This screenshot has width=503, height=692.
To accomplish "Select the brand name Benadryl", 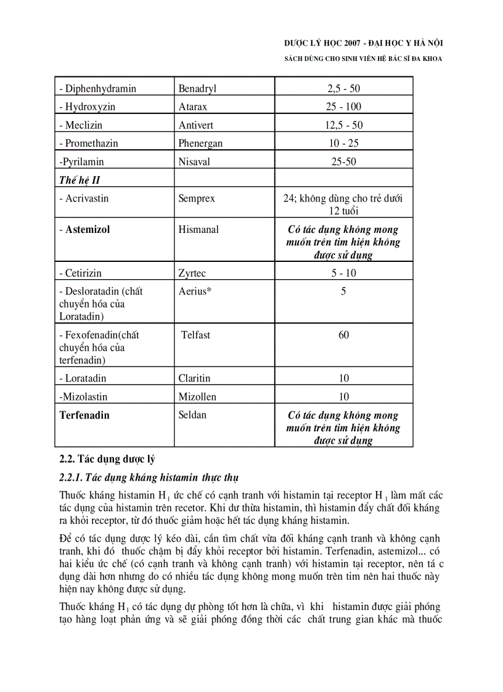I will (x=197, y=88).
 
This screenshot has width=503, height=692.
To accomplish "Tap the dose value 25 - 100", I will (x=344, y=107).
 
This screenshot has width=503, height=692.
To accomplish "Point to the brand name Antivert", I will (x=196, y=125).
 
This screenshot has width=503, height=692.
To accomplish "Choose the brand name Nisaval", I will (x=195, y=162).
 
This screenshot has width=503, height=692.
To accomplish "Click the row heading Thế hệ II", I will (x=79, y=181).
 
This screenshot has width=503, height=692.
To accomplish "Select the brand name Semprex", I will (x=197, y=199).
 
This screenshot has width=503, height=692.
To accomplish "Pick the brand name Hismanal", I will (x=198, y=230).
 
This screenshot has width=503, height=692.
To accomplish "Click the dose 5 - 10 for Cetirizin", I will (x=344, y=273).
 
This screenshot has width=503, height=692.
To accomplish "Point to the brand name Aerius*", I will (x=195, y=291).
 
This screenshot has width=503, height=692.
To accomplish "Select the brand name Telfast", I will (x=195, y=335).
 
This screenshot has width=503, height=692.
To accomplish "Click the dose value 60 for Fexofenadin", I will (x=344, y=335).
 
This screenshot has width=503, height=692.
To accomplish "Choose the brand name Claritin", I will (x=194, y=378).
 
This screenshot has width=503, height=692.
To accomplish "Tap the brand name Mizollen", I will (x=197, y=397).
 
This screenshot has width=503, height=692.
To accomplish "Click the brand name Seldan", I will (x=192, y=415).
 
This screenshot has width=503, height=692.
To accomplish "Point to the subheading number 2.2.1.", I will (x=71, y=478).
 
